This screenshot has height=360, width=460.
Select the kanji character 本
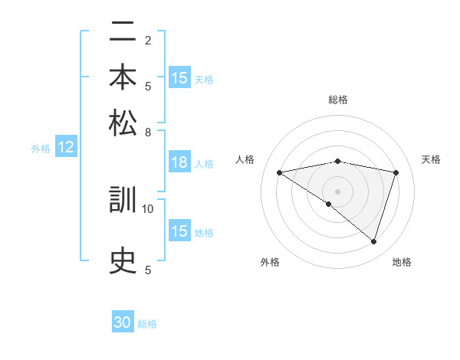[x=123, y=78]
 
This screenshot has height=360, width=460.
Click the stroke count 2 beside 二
[x=148, y=41]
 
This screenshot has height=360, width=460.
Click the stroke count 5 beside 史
[x=148, y=269]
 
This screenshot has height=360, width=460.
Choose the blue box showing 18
[x=179, y=162]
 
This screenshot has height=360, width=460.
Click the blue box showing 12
[x=66, y=148]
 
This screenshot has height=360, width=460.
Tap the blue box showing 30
[x=123, y=322]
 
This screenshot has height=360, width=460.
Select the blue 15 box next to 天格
[x=179, y=78]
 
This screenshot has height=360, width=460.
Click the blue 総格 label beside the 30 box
[x=147, y=324]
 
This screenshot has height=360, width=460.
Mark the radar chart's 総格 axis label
[x=337, y=100]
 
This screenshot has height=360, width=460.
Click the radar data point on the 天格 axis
[x=396, y=172]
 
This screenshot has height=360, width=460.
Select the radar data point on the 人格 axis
[x=279, y=172]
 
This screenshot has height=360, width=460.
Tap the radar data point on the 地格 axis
[x=373, y=241]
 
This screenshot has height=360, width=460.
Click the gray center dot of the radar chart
[x=337, y=191]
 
